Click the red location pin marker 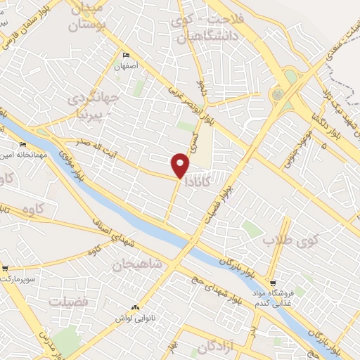pos(180,165)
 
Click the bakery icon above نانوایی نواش pos(135,308)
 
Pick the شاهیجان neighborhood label pos(136,263)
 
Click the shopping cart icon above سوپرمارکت pos(6,268)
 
